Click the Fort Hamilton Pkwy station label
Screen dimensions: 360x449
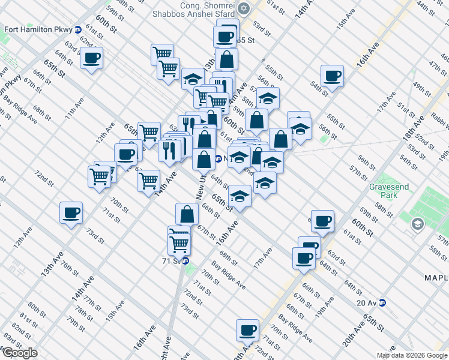tap(38, 29)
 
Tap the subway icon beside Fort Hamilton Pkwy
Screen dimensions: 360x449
tap(78, 29)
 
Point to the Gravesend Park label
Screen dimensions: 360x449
tap(389, 191)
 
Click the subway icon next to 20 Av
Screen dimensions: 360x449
tap(382, 302)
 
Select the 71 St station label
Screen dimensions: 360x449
tap(170, 261)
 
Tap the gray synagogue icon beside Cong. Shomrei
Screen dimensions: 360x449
tap(243, 8)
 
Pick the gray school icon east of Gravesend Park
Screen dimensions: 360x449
tap(416, 224)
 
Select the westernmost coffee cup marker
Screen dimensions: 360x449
tap(71, 212)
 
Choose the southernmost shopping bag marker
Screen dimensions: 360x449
tap(187, 213)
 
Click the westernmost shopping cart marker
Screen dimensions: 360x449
tap(99, 176)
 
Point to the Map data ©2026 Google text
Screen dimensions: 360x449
tap(412, 355)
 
